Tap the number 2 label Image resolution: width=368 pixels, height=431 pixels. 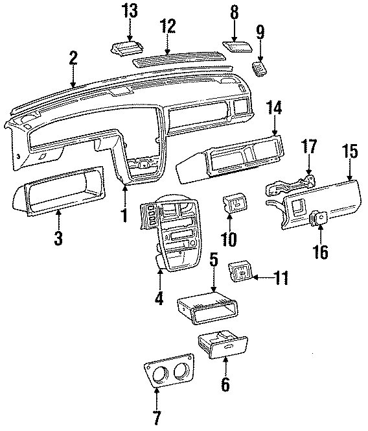tap(73, 60)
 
